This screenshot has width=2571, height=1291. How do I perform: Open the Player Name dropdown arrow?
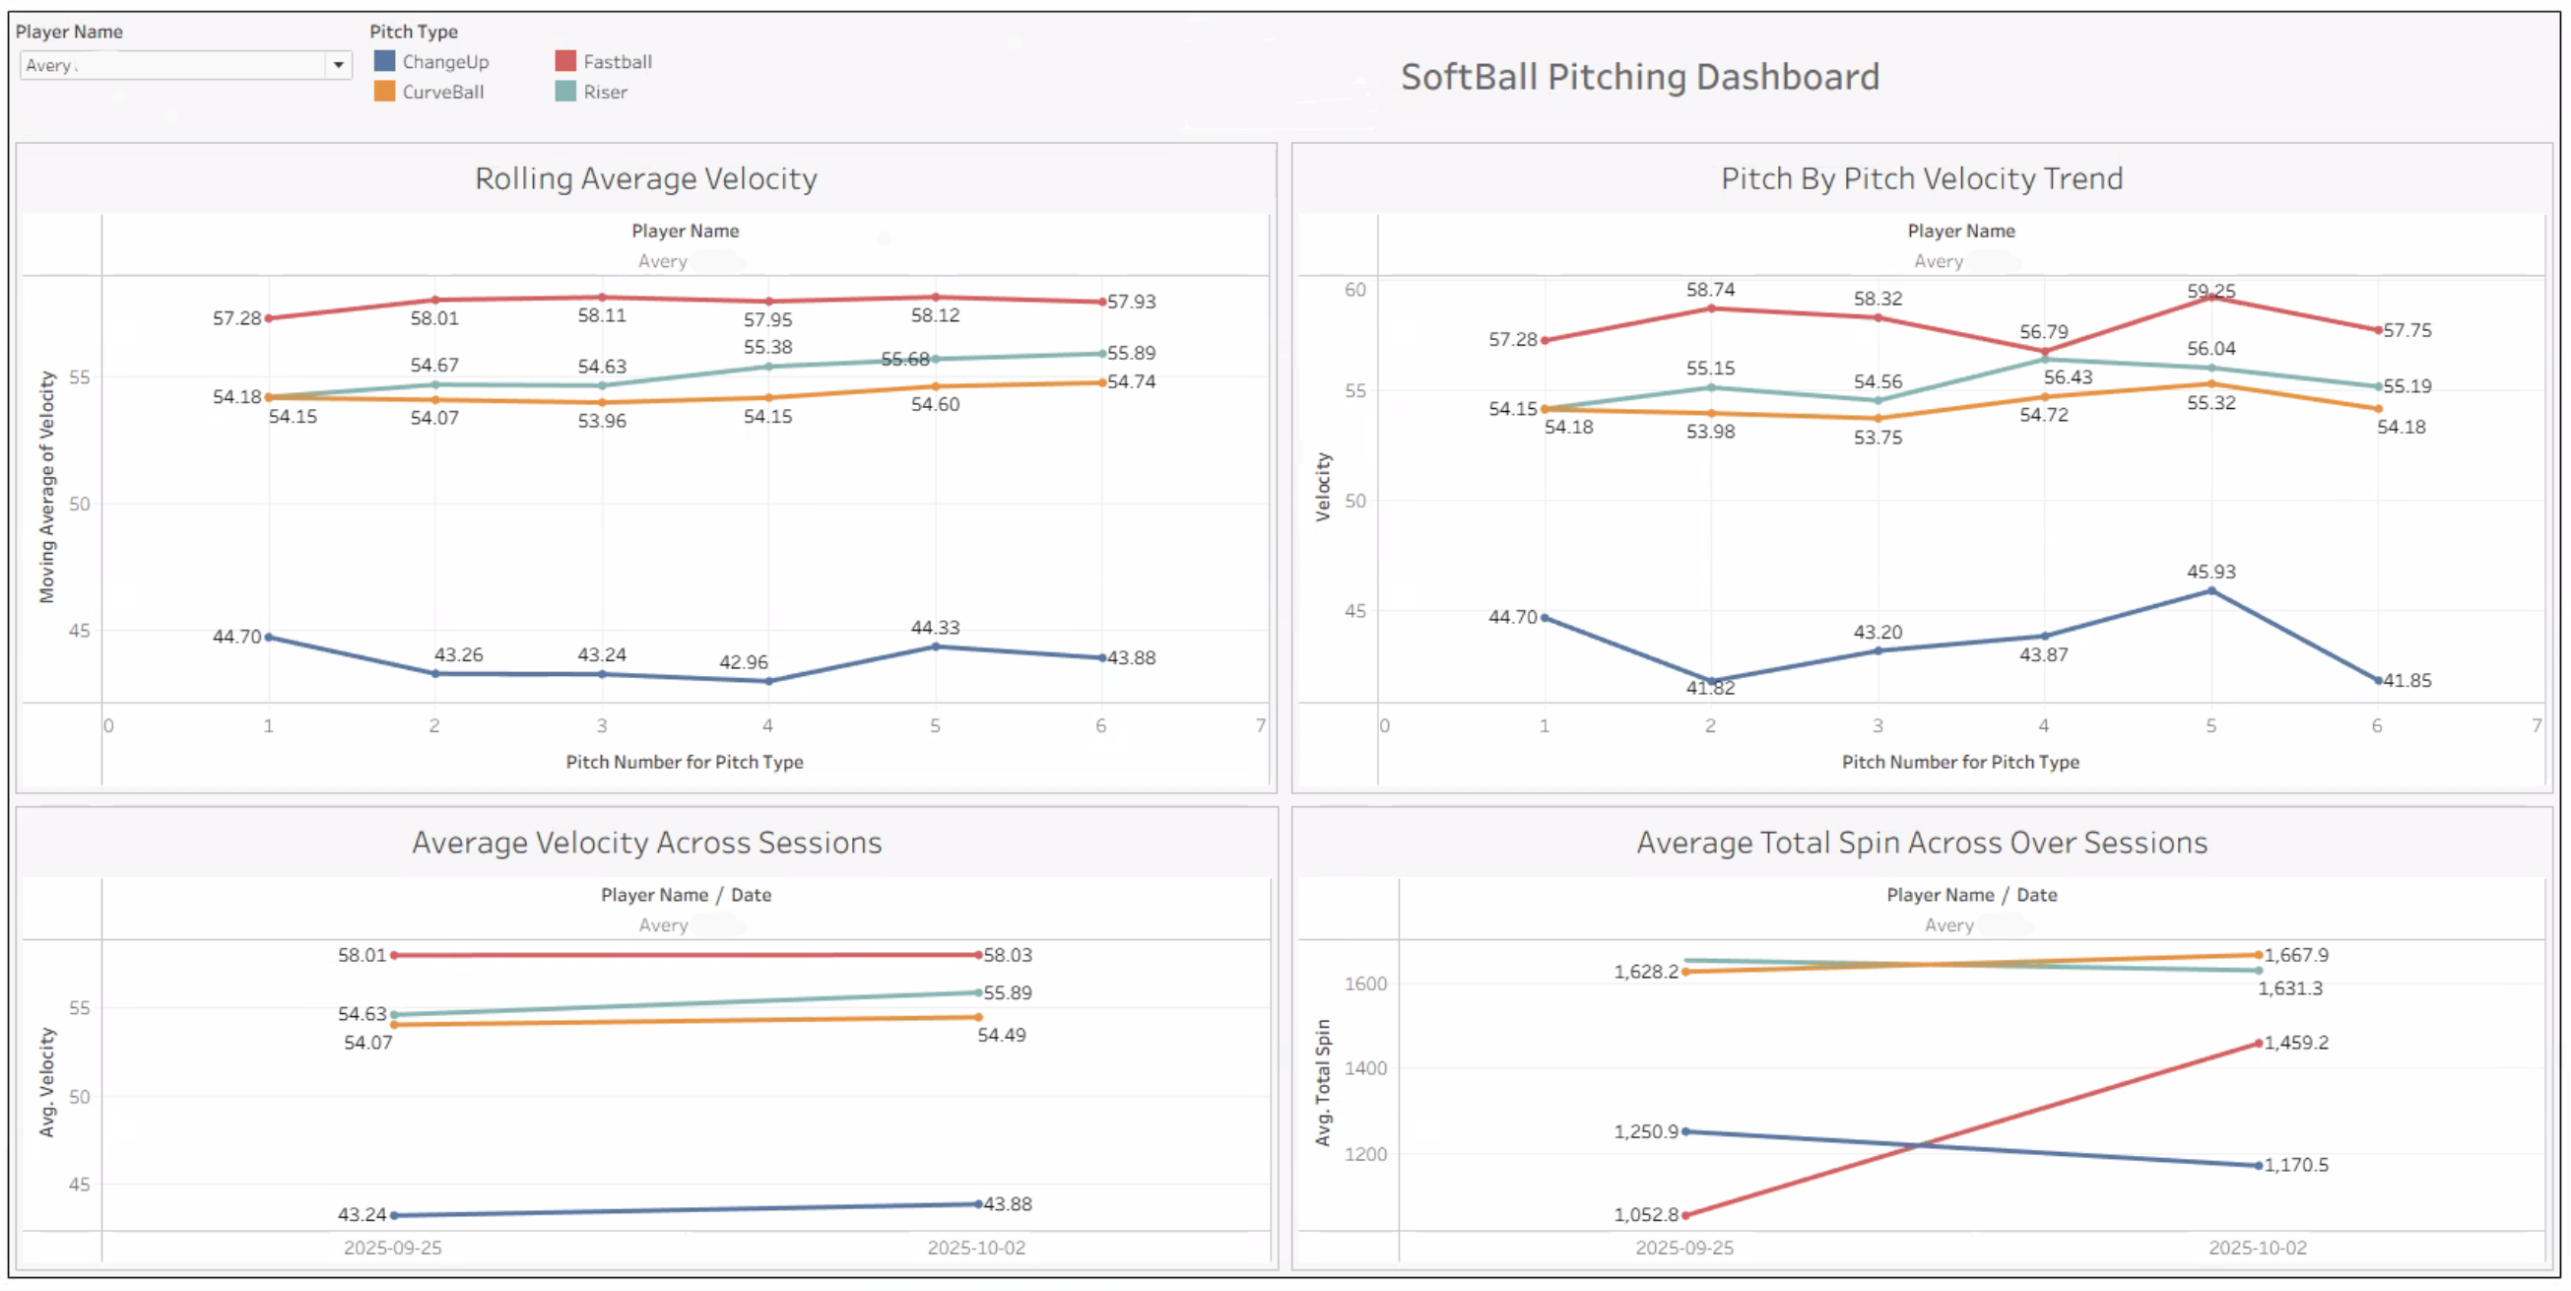[338, 65]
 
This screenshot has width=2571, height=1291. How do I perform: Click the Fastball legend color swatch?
[564, 61]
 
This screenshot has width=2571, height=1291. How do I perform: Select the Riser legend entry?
[605, 92]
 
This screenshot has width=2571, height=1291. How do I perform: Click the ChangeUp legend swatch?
[384, 61]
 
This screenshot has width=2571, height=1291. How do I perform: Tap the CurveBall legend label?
[443, 92]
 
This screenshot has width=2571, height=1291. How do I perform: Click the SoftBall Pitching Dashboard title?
[1639, 77]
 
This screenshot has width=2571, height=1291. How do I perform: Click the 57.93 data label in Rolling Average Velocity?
[1131, 302]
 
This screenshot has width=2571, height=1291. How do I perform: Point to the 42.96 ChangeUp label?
[744, 662]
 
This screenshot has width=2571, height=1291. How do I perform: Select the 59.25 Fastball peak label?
[2210, 291]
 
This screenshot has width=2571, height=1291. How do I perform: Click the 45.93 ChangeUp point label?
[2210, 572]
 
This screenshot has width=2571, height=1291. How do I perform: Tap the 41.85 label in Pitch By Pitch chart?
[2407, 680]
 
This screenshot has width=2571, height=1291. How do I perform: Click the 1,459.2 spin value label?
[2295, 1043]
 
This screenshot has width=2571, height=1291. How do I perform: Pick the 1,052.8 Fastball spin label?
[1646, 1214]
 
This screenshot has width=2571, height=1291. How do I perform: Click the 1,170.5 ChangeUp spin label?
[2295, 1164]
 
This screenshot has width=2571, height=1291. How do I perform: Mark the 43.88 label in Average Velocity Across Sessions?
[1007, 1203]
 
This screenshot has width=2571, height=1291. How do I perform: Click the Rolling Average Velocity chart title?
[646, 178]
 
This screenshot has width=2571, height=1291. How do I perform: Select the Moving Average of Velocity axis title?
[47, 487]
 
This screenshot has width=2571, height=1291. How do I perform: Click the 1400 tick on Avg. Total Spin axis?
[1364, 1068]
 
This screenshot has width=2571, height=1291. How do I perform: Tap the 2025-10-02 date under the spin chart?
[2257, 1247]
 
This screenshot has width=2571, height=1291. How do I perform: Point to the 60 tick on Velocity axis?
[1354, 290]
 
